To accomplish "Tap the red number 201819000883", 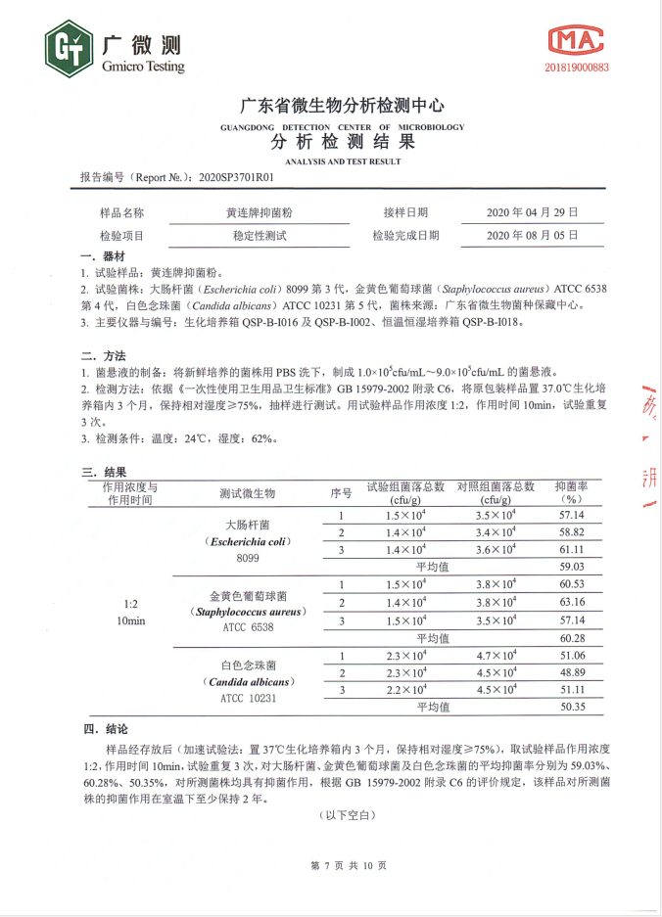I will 576,68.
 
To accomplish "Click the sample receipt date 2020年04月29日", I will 533,212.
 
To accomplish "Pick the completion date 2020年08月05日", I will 533,236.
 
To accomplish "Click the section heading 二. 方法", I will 103,355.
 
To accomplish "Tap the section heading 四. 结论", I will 103,730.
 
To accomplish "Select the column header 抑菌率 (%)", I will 572,492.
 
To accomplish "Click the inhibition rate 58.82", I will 572,532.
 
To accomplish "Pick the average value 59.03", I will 572,566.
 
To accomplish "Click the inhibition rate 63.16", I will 572,602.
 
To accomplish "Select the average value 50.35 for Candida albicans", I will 572,706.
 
